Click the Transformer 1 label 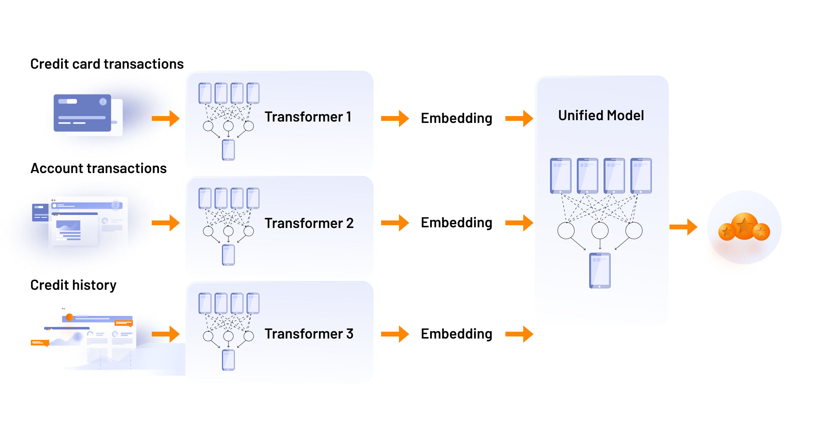point(308,117)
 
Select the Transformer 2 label point(309,224)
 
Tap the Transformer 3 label point(309,334)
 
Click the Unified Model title point(601,116)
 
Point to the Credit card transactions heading point(107,64)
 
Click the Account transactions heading point(99,169)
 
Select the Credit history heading point(73,285)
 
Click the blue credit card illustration point(82,113)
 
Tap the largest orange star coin point(744,226)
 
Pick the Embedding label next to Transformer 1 point(456,118)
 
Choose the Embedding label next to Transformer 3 point(456,334)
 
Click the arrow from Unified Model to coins point(683,227)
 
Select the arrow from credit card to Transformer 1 point(166,118)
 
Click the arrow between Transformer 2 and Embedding point(395,223)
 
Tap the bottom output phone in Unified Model point(600,271)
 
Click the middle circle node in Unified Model point(600,230)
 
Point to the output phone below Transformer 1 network point(228,150)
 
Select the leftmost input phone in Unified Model point(561,176)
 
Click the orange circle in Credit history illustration point(69,317)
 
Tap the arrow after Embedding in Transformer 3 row point(519,334)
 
